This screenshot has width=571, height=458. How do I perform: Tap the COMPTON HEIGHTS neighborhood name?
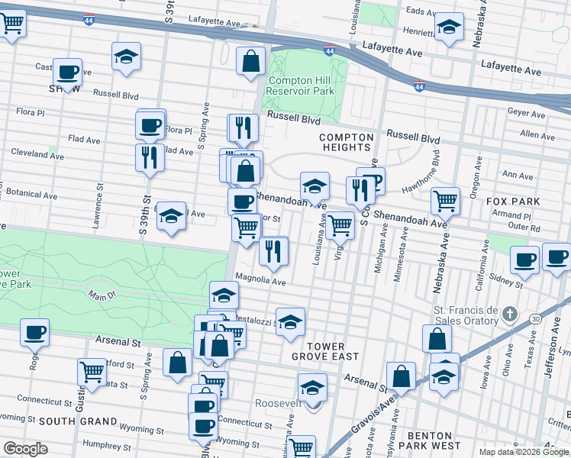(x=347, y=143)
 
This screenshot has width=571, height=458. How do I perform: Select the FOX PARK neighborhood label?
(x=513, y=202)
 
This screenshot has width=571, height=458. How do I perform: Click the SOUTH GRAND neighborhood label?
(x=77, y=421)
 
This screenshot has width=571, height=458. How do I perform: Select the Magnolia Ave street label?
(x=260, y=280)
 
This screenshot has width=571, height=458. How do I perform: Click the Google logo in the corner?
(x=25, y=449)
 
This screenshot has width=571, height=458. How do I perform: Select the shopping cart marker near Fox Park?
(x=445, y=201)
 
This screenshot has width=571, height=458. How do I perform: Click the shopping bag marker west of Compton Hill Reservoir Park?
(x=250, y=62)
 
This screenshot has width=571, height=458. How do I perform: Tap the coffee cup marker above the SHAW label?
(x=68, y=72)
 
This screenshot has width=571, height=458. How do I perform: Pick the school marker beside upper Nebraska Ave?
(x=450, y=27)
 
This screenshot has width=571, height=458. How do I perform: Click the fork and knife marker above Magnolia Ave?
(x=273, y=250)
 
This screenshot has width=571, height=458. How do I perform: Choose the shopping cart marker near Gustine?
(x=92, y=372)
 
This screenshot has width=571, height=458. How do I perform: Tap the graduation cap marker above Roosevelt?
(x=311, y=387)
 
